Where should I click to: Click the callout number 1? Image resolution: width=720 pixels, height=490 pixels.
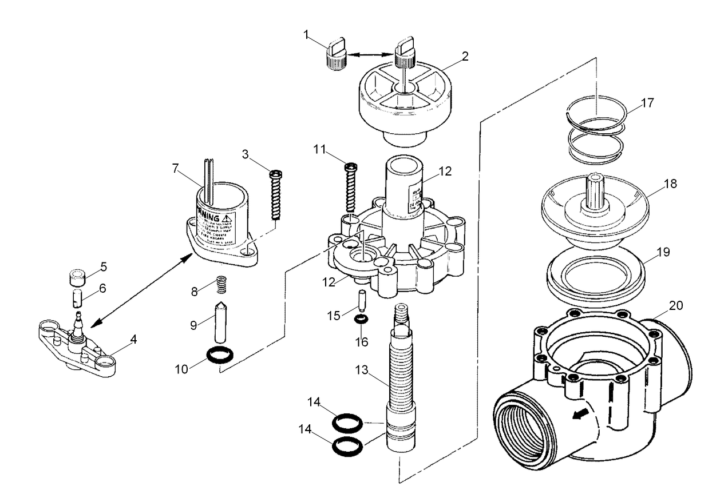pyautogui.click(x=307, y=35)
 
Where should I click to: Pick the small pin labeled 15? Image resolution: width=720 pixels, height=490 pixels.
pyautogui.click(x=361, y=300)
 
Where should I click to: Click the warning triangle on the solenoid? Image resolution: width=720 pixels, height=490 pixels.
pyautogui.click(x=227, y=218)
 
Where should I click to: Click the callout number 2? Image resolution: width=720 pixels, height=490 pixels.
pyautogui.click(x=465, y=56)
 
